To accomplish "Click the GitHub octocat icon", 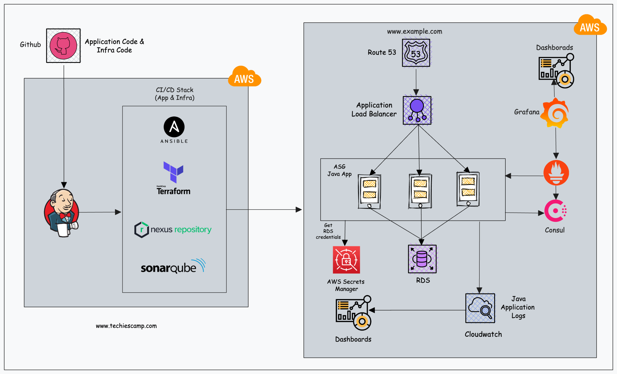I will pos(63,46).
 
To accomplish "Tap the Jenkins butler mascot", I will pos(62,213).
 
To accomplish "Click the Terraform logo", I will pos(173,178).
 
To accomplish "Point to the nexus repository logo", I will pos(173,230).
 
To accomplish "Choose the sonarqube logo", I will pos(173,266).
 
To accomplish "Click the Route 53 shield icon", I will pos(416,53).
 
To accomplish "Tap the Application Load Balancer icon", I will pos(417,110).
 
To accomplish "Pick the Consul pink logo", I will pos(556,211).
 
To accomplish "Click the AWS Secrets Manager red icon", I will pos(346,260).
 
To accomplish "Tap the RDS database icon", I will pos(422,259).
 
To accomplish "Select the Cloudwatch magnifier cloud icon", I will pos(480,308).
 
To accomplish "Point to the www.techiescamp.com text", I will pos(126,326).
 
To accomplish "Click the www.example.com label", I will pos(414,32).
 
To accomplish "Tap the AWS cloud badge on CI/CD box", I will pos(244,77).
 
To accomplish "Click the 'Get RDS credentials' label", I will pos(328,231).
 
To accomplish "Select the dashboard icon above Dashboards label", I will pos(353,313).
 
